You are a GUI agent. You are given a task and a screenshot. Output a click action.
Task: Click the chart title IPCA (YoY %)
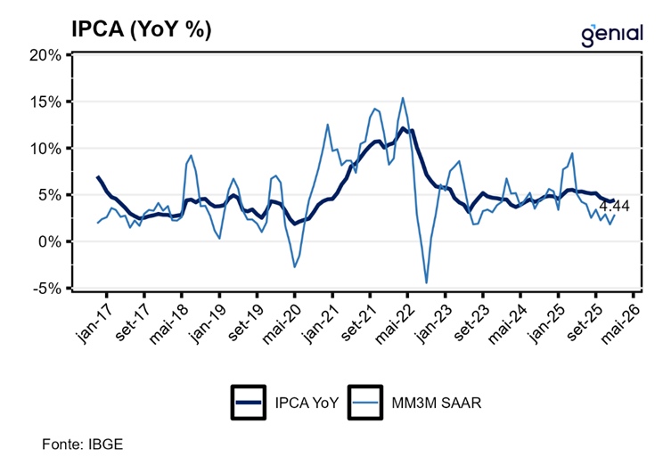point(142,29)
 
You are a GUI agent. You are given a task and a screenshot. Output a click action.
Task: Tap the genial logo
point(611,33)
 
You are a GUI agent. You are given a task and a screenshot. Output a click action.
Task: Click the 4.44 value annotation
point(615,206)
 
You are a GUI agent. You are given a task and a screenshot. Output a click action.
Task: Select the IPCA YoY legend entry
point(285,403)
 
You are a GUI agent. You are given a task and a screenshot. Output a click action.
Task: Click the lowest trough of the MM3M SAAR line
point(426,282)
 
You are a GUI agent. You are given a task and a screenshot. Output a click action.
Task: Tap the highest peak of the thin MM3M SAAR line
point(403,98)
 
